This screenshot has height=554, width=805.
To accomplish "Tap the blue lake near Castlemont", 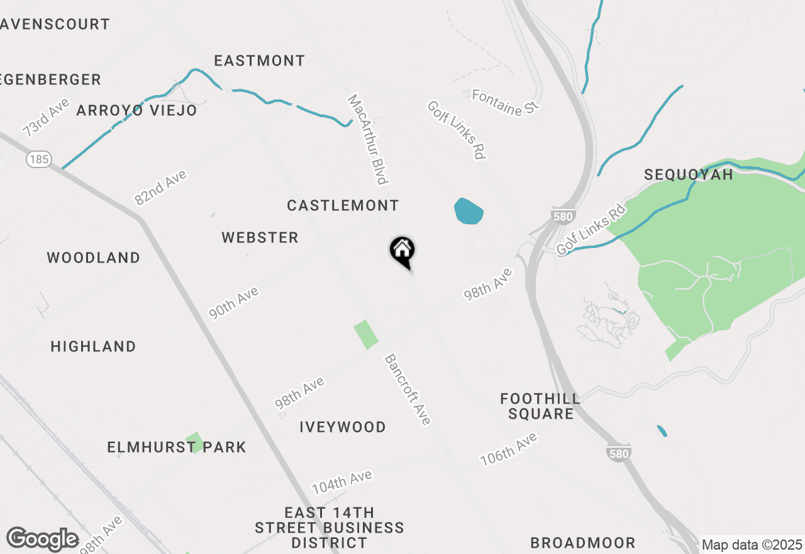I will click(x=468, y=212).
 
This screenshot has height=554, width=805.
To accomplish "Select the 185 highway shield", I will click(x=38, y=159).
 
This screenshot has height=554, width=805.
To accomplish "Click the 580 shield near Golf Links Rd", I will click(x=562, y=217).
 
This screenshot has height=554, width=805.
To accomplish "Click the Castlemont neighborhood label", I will click(x=343, y=205).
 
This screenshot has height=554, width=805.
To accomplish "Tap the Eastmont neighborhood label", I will click(x=259, y=60).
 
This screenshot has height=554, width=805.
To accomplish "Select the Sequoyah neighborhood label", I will click(x=689, y=174).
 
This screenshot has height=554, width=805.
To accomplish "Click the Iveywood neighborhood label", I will click(x=343, y=427).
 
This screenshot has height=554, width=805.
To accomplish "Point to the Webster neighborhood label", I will click(x=260, y=237).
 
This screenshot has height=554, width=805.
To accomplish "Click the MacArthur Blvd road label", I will click(x=368, y=140).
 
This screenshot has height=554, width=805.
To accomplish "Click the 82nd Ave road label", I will click(x=161, y=188).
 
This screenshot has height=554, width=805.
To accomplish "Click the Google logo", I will click(x=42, y=540).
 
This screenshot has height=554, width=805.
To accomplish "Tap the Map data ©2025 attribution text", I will click(x=752, y=545).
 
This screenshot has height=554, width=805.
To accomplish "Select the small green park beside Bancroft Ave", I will click(x=365, y=334).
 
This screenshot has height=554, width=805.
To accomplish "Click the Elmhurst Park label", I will click(x=177, y=447).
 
